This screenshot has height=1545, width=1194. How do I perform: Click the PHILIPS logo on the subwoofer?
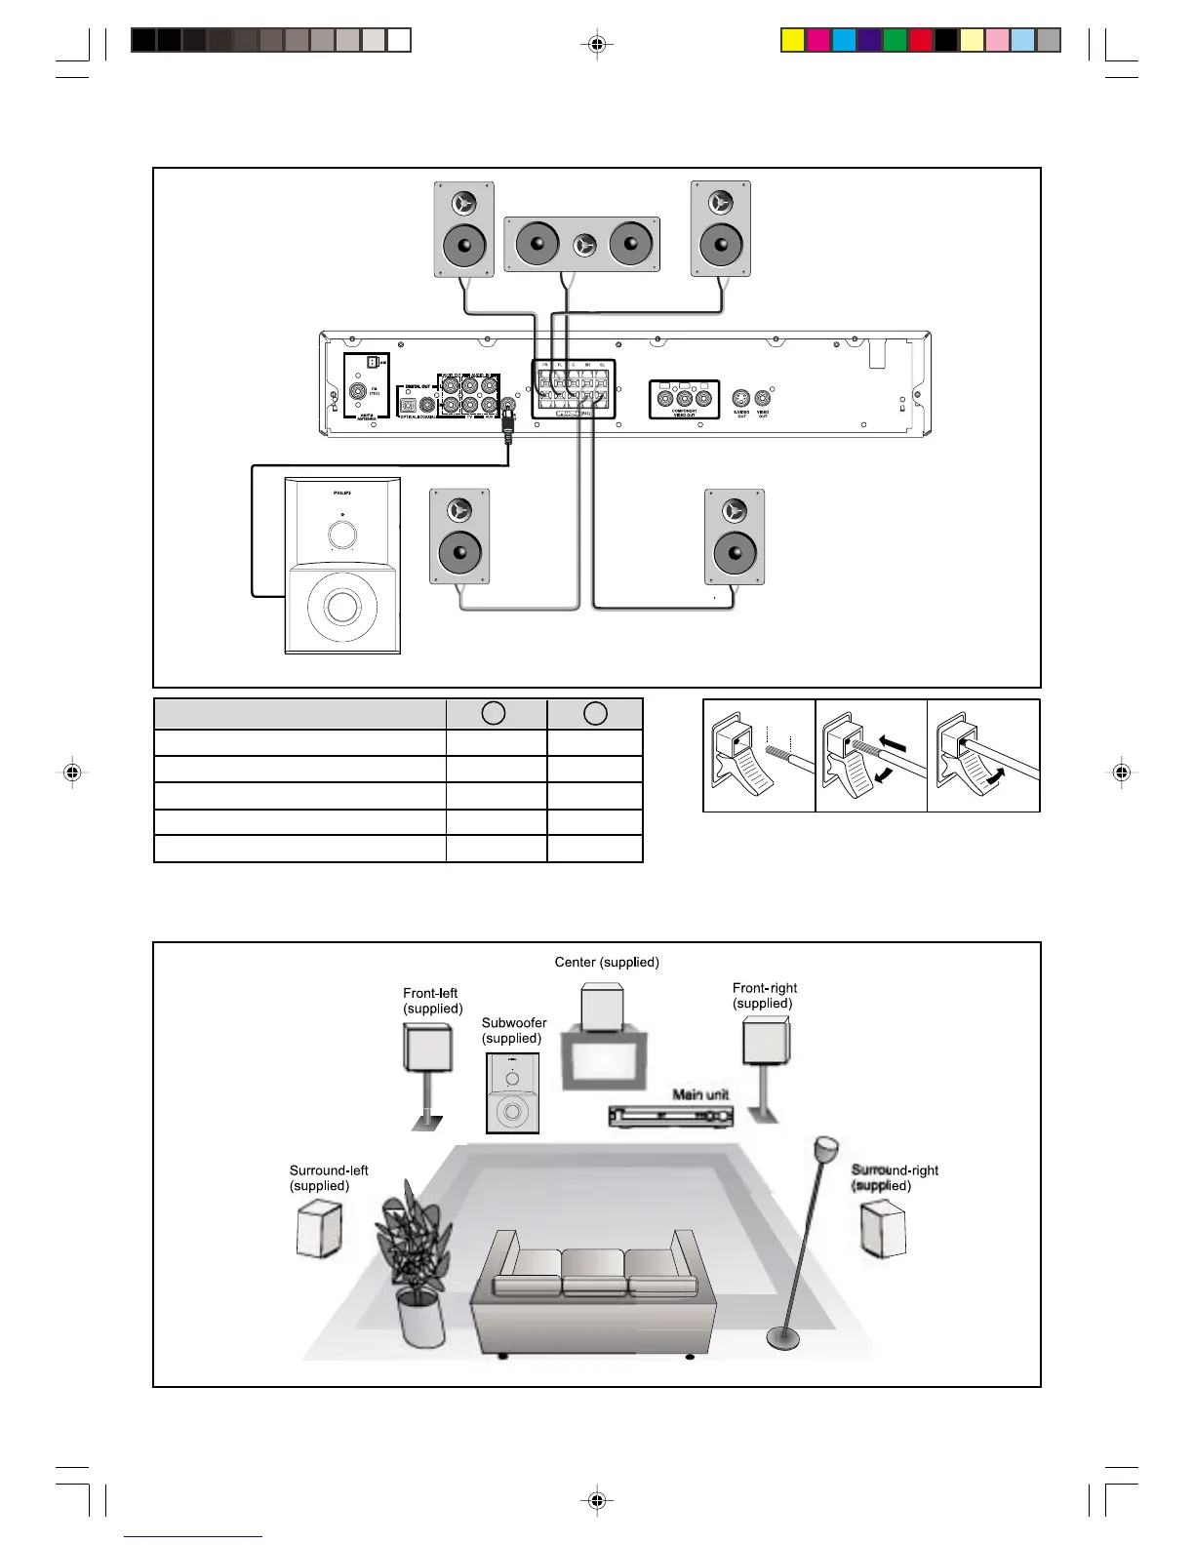point(341,494)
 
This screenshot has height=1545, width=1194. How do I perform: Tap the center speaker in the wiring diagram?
point(582,244)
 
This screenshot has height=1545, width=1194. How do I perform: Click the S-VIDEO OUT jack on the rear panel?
point(741,398)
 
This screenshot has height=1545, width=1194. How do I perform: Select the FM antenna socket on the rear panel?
point(358,391)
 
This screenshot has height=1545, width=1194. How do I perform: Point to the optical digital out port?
point(408,405)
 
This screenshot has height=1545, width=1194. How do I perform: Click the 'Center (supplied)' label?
point(607,962)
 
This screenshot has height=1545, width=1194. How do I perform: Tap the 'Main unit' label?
point(700,1094)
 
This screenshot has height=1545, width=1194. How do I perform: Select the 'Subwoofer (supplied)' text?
point(514,1030)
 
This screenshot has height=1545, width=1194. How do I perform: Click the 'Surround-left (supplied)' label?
point(329,1178)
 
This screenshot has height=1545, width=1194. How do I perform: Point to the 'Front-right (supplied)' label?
point(765,996)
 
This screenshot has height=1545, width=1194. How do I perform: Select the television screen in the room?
point(603,1060)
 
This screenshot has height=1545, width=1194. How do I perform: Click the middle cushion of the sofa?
point(593,1273)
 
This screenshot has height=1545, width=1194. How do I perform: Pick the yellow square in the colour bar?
point(792,40)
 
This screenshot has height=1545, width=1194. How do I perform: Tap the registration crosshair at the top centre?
point(597,44)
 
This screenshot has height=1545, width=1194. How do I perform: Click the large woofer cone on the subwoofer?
point(342,607)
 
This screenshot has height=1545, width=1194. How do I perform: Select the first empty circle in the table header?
point(494,713)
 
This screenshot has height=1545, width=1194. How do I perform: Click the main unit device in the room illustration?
point(670,1116)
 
